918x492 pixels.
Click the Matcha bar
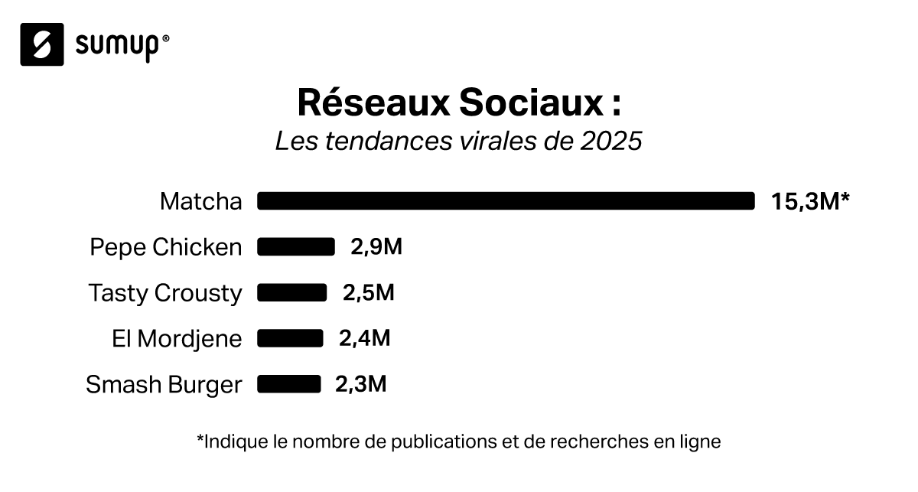[x=506, y=201]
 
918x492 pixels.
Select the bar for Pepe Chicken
[x=296, y=246]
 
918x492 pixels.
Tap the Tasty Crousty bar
[x=291, y=292]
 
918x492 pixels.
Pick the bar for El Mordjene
[x=290, y=338]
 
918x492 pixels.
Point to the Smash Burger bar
[x=288, y=383]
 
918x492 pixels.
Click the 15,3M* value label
[x=811, y=202]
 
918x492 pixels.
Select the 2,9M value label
[x=376, y=247]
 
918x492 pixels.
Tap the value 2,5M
[x=368, y=293]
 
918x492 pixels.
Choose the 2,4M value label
[x=364, y=338]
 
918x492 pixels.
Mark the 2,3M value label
[x=360, y=384]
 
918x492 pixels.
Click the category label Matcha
[x=200, y=202]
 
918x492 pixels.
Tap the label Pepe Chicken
[x=165, y=247]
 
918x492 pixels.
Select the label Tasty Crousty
[x=165, y=294]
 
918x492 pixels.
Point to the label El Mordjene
[x=177, y=339]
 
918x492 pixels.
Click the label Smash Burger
[x=164, y=385]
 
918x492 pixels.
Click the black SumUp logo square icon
[x=42, y=44]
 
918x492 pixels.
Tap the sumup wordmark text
[x=118, y=45]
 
